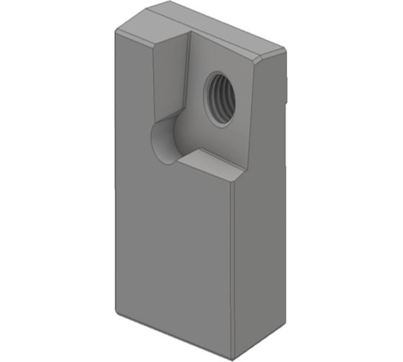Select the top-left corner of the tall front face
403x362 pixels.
(116, 32)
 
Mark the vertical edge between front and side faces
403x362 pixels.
(232, 273)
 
